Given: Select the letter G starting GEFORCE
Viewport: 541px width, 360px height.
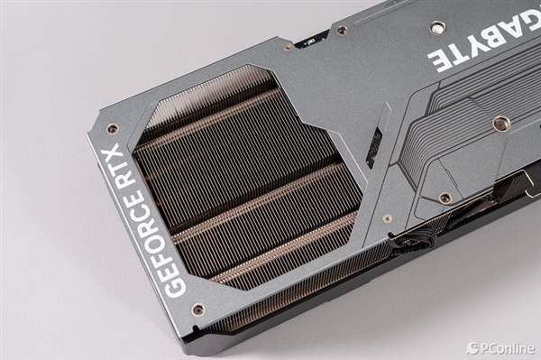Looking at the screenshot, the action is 175,287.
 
